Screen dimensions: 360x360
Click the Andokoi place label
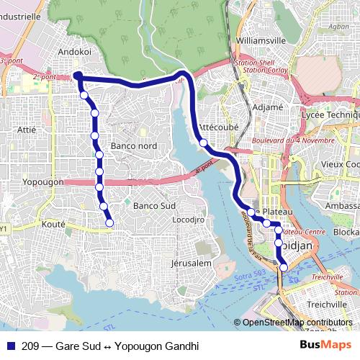point(75,52)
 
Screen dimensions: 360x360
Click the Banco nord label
point(135,146)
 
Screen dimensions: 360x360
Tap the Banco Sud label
point(155,205)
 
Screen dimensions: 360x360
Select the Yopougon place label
point(43,182)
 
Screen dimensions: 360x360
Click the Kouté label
point(55,224)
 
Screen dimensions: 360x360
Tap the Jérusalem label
point(191,264)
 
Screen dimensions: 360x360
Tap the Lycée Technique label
point(330,115)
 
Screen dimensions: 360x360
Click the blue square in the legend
point(10,346)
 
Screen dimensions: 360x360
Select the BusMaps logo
point(326,346)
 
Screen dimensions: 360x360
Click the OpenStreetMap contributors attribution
point(297,323)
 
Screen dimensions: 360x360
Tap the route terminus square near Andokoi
point(76,75)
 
